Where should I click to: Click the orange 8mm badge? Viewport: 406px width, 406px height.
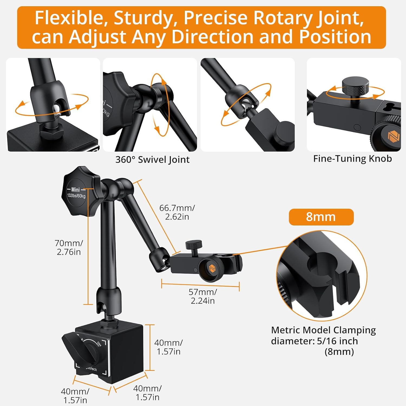[x=321, y=217]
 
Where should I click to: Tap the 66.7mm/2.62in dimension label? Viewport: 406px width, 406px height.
[x=177, y=212]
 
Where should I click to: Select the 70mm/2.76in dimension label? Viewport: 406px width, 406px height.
[x=69, y=247]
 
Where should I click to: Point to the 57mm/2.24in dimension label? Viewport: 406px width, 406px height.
[x=203, y=296]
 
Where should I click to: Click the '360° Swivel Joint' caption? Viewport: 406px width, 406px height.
[x=152, y=160]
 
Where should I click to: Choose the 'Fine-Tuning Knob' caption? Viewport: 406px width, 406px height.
[x=352, y=159]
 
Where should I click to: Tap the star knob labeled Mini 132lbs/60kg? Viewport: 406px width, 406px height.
[x=78, y=191]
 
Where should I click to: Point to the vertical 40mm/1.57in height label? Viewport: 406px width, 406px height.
[x=168, y=347]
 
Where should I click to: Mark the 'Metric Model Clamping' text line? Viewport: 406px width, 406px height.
[x=323, y=330]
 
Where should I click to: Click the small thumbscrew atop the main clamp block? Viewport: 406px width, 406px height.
[x=194, y=247]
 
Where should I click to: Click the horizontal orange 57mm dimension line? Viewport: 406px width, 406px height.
[x=200, y=285]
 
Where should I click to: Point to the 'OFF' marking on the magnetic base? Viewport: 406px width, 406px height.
[x=99, y=344]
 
